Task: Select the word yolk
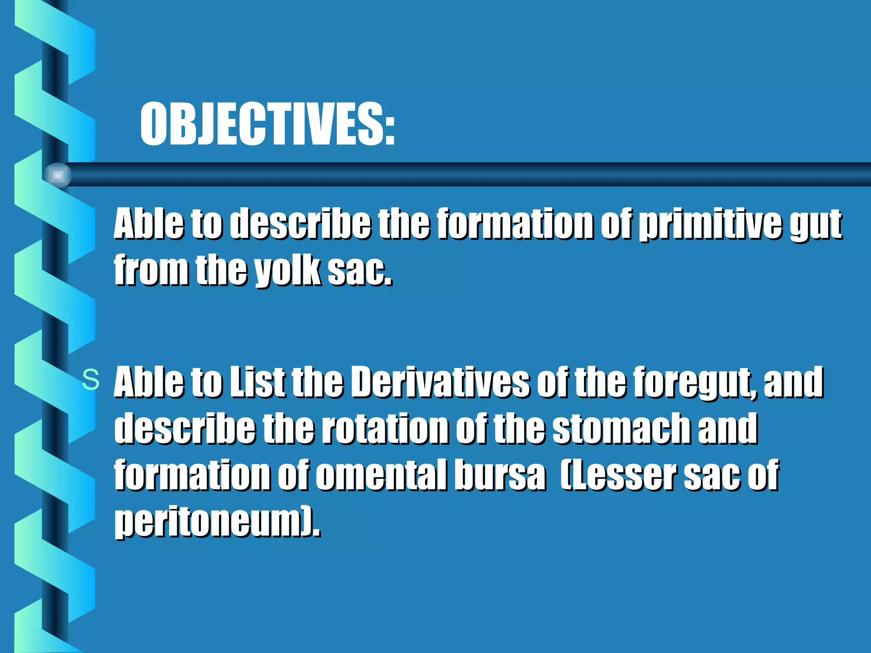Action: pos(287,271)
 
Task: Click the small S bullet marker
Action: pos(91,380)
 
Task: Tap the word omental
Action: pos(381,475)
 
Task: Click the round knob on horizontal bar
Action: pos(58,175)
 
